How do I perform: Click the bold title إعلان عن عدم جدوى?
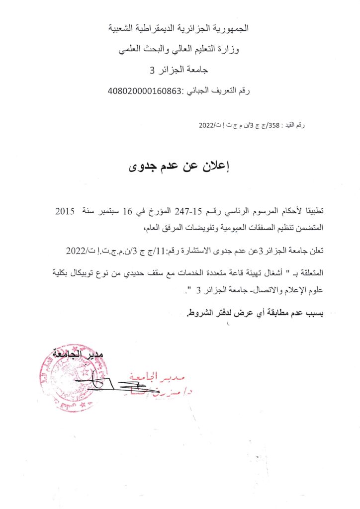180,167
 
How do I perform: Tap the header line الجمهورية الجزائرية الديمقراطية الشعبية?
179,28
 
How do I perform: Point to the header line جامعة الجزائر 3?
180,71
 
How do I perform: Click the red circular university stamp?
67,380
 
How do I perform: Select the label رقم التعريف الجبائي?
217,91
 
